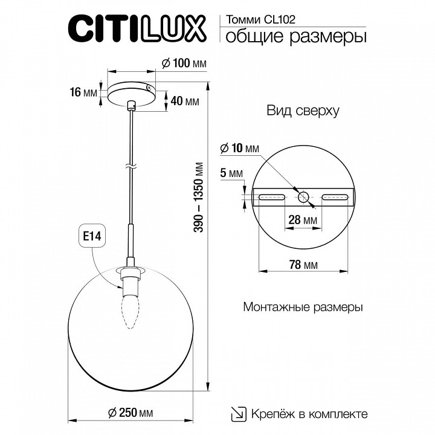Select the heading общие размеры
pos(295,37)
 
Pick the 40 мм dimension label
pos(184,101)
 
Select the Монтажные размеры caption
pos(303,307)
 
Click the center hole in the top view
pos(303,196)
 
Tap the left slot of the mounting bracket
pos(271,196)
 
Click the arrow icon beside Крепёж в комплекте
pos(239,414)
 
